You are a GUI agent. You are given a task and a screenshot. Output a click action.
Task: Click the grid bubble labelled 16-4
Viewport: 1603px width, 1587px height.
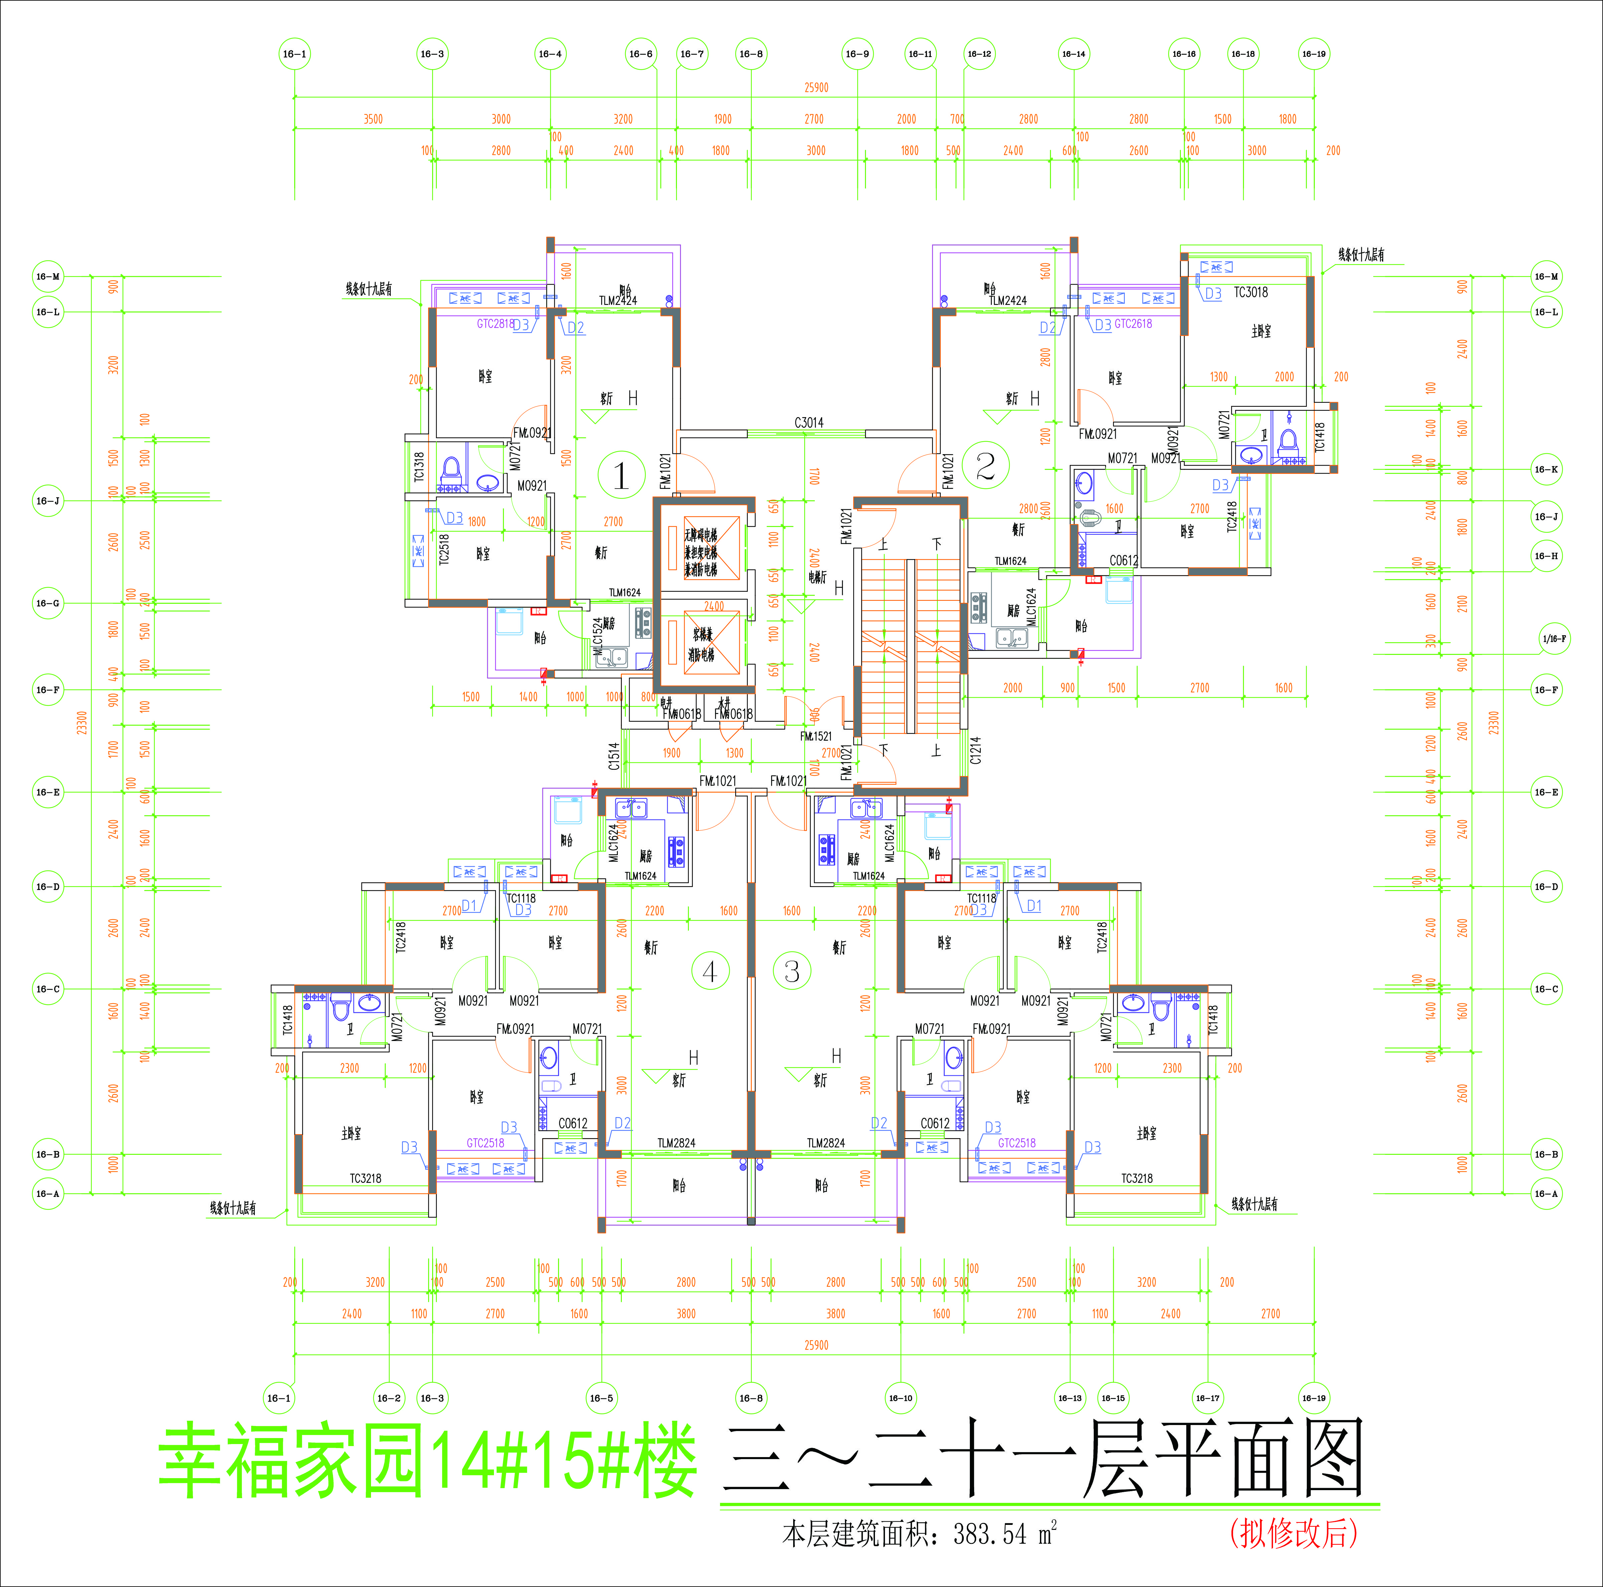coord(550,54)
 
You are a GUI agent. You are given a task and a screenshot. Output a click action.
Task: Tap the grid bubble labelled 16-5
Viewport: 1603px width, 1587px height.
coord(601,1398)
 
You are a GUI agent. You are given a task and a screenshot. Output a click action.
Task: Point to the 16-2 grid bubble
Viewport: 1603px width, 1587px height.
coord(389,1398)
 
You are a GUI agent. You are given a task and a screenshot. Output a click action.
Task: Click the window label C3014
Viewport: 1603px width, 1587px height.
coord(809,422)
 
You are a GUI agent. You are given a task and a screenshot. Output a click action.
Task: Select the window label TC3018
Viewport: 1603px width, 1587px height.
coord(1250,292)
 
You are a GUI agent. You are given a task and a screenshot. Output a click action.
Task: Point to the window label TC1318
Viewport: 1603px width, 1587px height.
coord(419,466)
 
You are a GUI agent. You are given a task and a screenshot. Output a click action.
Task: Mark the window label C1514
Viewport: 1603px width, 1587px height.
coord(614,756)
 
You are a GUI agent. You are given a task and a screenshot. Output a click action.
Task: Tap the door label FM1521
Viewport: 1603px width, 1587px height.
coord(816,736)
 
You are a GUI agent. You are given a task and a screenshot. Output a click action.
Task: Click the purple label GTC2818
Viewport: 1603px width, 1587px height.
coord(495,324)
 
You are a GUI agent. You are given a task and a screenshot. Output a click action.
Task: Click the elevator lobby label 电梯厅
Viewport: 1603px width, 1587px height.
coord(817,576)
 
